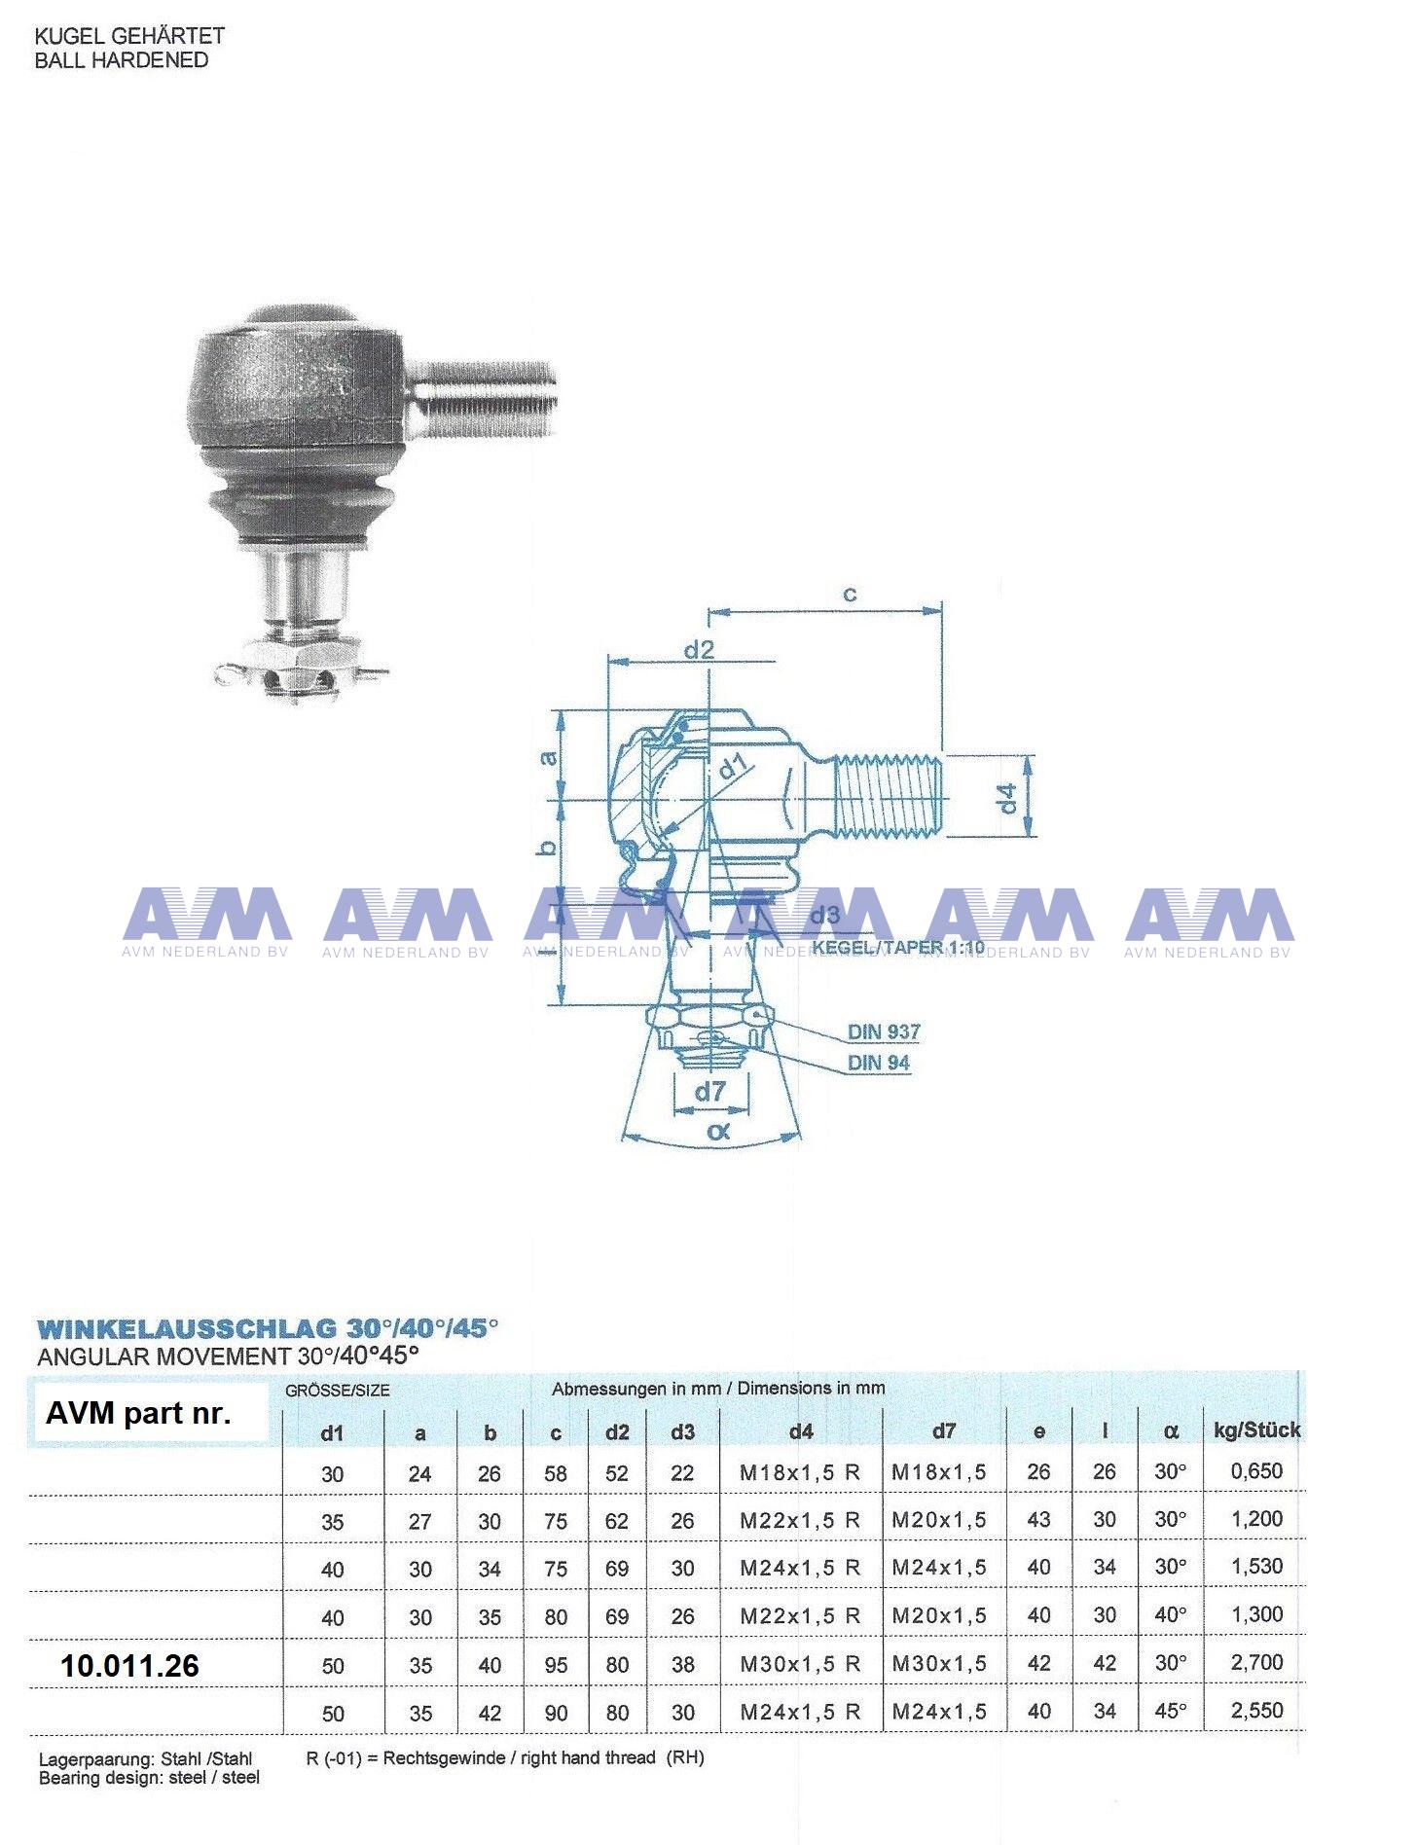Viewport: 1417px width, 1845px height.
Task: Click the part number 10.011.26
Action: pos(129,1665)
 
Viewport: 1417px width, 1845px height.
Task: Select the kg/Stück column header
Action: pos(1256,1430)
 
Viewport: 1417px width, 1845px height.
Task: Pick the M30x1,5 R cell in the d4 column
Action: pos(800,1664)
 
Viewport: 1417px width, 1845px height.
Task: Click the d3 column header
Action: pos(682,1432)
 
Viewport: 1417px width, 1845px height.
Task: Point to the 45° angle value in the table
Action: pos(1170,1711)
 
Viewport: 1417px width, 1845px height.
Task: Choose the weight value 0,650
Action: pos(1256,1471)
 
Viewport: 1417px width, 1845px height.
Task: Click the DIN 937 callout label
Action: pos(884,1031)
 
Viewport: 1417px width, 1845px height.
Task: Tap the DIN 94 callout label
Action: pos(878,1063)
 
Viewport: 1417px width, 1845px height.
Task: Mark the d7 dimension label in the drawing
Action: pos(710,1092)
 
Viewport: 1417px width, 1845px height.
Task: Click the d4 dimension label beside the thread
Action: pos(1008,798)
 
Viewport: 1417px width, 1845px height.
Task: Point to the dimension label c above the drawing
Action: pos(850,594)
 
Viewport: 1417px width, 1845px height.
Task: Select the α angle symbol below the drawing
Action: pos(718,1131)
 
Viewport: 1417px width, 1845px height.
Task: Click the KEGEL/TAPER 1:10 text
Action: pos(898,947)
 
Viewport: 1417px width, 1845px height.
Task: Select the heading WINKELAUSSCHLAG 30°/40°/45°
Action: pos(268,1329)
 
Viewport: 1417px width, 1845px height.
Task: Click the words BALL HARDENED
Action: pos(122,60)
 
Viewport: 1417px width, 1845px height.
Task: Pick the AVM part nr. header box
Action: pos(138,1413)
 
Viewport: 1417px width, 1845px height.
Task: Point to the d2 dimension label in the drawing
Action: pos(699,650)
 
